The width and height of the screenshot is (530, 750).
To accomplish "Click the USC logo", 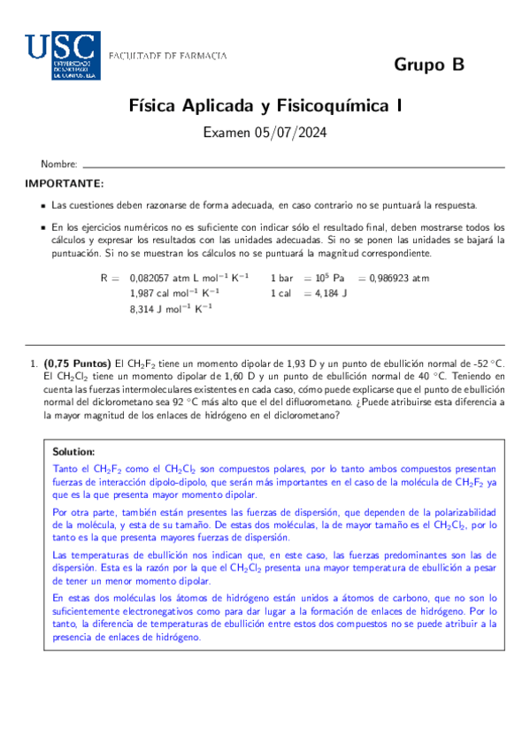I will pos(62,56).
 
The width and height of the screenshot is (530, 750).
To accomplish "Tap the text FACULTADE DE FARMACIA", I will pos(167,56).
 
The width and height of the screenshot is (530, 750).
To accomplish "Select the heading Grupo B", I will pos(428,65).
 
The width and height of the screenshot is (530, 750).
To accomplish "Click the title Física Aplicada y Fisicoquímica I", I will pos(265,106).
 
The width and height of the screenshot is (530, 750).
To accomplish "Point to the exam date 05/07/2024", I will pos(296,134).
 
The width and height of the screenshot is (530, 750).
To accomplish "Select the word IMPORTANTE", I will pos(64,184).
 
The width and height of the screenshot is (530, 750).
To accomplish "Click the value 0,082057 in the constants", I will pos(152,278).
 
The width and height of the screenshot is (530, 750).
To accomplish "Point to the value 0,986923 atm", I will pos(399,278).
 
